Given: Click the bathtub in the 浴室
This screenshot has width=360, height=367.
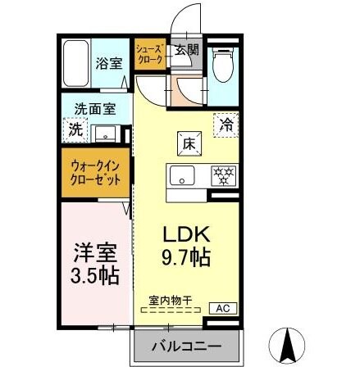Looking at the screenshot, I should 75,63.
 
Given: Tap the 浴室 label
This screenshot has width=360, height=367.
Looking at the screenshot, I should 107,63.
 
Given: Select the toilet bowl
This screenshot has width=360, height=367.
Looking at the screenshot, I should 221,68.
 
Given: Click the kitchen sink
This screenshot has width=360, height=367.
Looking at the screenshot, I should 181,174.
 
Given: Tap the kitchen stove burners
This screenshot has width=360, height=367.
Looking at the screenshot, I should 223,174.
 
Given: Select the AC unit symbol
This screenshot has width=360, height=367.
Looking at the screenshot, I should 222,308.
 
